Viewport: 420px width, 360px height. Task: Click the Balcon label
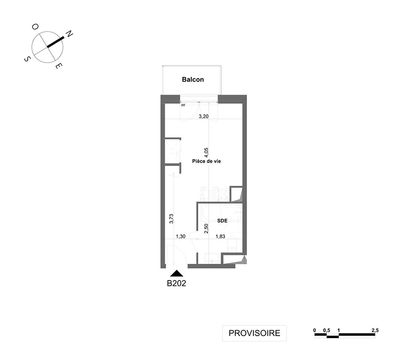(x=193, y=79)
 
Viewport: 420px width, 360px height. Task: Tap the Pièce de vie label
(x=207, y=161)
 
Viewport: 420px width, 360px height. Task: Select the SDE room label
(x=222, y=221)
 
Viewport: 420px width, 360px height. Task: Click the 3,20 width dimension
(x=204, y=116)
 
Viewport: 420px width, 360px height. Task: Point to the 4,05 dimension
(x=206, y=152)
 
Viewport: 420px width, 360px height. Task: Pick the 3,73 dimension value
(x=172, y=218)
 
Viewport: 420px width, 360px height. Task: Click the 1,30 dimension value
(x=181, y=236)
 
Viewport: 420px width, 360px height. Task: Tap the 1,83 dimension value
(x=220, y=236)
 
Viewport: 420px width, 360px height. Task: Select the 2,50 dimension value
(x=206, y=229)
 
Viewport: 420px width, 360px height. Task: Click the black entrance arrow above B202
(x=177, y=273)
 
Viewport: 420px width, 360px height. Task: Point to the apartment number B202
(x=176, y=284)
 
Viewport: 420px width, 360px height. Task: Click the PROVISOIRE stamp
(x=255, y=333)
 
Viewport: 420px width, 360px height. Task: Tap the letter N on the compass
(x=69, y=34)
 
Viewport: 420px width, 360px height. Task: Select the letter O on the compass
(x=35, y=27)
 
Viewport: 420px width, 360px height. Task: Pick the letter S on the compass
(x=27, y=59)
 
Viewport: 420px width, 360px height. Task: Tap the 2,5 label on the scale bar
(x=375, y=331)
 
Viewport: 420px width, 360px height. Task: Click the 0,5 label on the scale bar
(x=326, y=331)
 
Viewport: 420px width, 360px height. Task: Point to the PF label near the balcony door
(x=183, y=105)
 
